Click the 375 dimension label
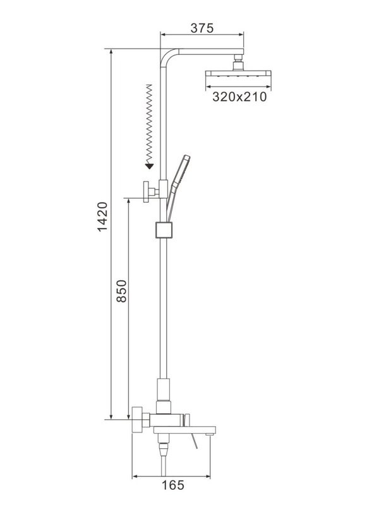pos(202,28)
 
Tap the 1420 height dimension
pos(102,217)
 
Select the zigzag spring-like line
pos(149,122)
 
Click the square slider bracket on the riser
pos(164,230)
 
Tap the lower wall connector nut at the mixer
pos(138,419)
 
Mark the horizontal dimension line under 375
pos(202,35)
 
